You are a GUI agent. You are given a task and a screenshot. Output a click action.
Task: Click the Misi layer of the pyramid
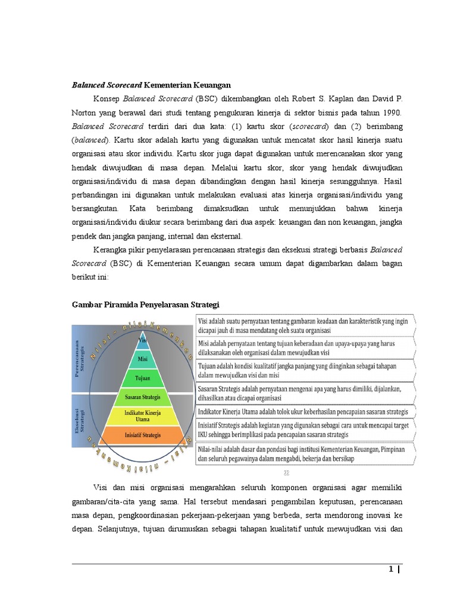click(142, 359)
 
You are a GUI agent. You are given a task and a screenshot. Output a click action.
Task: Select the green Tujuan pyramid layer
click(142, 377)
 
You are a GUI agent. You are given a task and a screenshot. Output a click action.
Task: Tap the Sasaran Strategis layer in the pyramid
click(142, 395)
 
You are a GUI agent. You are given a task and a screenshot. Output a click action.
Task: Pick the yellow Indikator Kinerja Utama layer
click(142, 415)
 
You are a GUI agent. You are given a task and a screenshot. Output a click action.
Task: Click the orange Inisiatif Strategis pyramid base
click(142, 435)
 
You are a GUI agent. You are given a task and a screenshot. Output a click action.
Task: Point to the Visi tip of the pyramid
click(142, 340)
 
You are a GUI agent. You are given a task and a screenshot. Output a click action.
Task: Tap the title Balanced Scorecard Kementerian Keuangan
click(151, 85)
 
